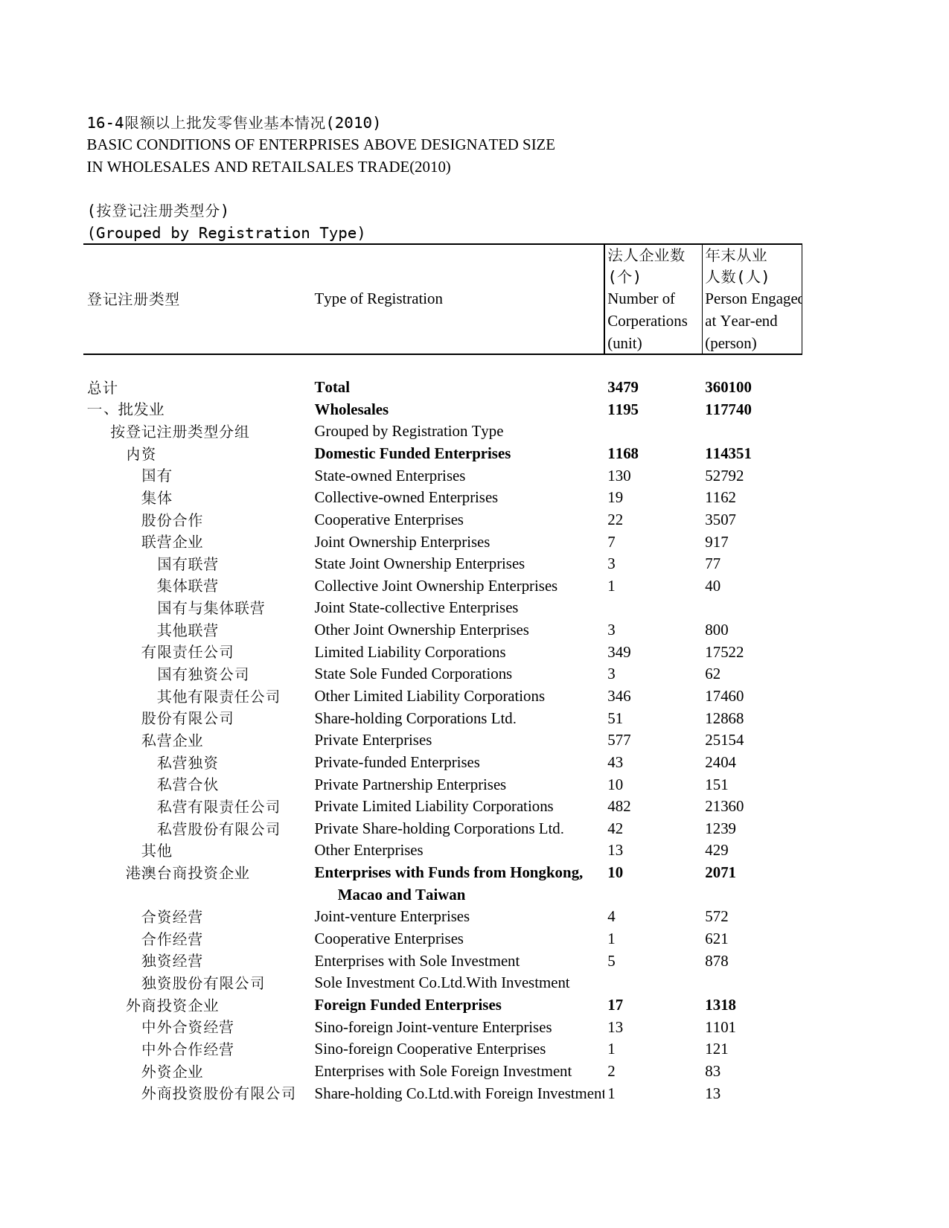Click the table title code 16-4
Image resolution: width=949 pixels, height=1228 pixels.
(105, 123)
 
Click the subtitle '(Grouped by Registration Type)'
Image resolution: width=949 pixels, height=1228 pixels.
(226, 233)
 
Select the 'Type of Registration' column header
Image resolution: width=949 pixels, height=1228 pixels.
(378, 298)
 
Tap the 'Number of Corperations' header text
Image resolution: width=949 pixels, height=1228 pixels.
(646, 310)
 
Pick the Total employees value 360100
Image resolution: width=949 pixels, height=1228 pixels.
(728, 387)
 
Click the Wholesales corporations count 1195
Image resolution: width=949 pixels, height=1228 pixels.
(622, 409)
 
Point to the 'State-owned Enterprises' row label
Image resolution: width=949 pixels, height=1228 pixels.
(389, 476)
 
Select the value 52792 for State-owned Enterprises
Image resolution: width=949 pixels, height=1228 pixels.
(723, 476)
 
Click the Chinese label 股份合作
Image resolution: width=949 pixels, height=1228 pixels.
(172, 520)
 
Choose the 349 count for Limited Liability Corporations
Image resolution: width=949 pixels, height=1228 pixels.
(619, 652)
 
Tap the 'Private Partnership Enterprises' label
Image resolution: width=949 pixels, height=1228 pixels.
(409, 784)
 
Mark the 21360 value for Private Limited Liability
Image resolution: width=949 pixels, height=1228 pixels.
(723, 806)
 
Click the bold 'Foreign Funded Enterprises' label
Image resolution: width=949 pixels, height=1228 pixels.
(407, 1005)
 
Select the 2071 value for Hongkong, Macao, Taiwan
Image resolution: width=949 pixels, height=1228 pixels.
(720, 872)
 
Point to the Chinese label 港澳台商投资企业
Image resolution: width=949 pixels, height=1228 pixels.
(188, 873)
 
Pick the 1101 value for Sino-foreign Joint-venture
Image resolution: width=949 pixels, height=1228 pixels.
(720, 1027)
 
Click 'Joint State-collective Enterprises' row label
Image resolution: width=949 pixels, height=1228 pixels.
(416, 608)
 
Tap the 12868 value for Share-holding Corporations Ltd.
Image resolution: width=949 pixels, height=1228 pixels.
(723, 718)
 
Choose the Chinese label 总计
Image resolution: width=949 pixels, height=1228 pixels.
(102, 388)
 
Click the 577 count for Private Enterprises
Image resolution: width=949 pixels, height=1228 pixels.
(619, 740)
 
